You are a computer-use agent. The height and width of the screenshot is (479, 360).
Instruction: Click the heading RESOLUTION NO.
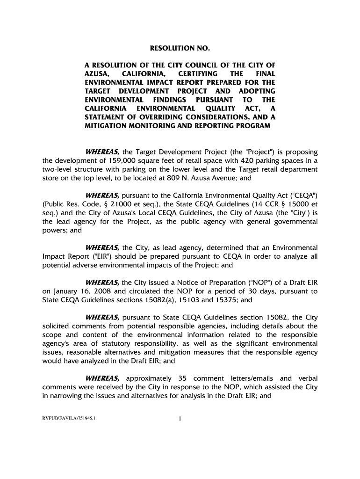pos(180,49)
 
